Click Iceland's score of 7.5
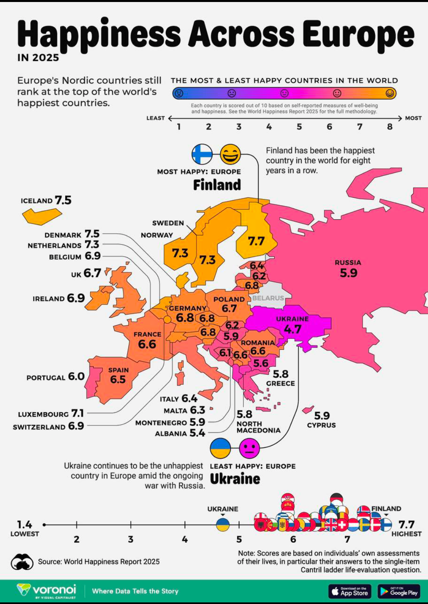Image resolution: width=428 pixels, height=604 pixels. [63, 200]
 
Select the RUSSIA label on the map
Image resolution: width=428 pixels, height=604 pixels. [348, 263]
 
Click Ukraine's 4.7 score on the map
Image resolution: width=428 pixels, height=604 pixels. [292, 329]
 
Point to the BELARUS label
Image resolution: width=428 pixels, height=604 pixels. [268, 298]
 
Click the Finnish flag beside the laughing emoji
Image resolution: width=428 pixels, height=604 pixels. [202, 154]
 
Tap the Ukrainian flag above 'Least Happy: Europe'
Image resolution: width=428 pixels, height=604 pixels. [220, 448]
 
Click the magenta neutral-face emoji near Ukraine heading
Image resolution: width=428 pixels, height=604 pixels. [249, 448]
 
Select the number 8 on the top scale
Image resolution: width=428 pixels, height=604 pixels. [390, 127]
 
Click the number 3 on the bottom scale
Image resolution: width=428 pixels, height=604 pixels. [131, 540]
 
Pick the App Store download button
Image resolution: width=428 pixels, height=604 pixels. [350, 591]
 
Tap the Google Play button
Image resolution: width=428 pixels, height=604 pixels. [399, 591]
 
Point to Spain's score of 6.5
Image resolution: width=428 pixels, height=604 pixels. [118, 379]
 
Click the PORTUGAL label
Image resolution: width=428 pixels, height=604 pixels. [46, 378]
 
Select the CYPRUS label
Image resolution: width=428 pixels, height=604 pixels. [321, 425]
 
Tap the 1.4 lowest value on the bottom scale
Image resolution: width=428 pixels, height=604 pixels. [24, 524]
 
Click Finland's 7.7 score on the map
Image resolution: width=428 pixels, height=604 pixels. [256, 241]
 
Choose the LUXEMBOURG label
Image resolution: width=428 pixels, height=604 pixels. [43, 414]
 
